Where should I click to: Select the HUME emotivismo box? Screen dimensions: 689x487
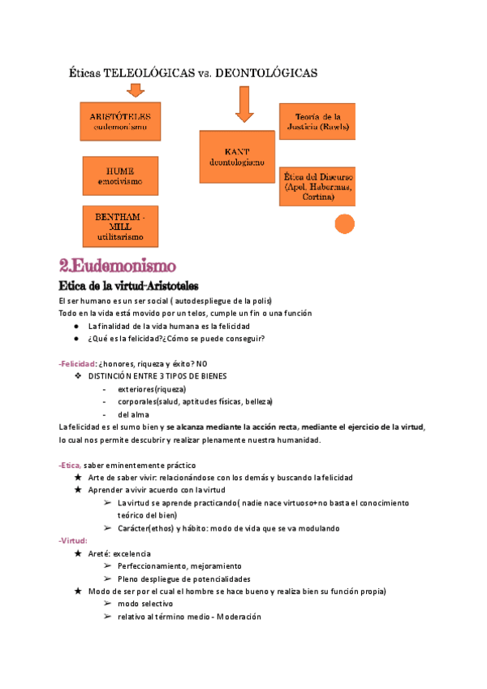120,175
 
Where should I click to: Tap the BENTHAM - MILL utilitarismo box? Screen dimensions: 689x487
120,226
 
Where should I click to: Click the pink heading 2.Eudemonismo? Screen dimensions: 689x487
118,266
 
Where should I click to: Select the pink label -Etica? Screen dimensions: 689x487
71,464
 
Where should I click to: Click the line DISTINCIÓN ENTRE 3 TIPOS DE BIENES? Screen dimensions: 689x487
157,376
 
